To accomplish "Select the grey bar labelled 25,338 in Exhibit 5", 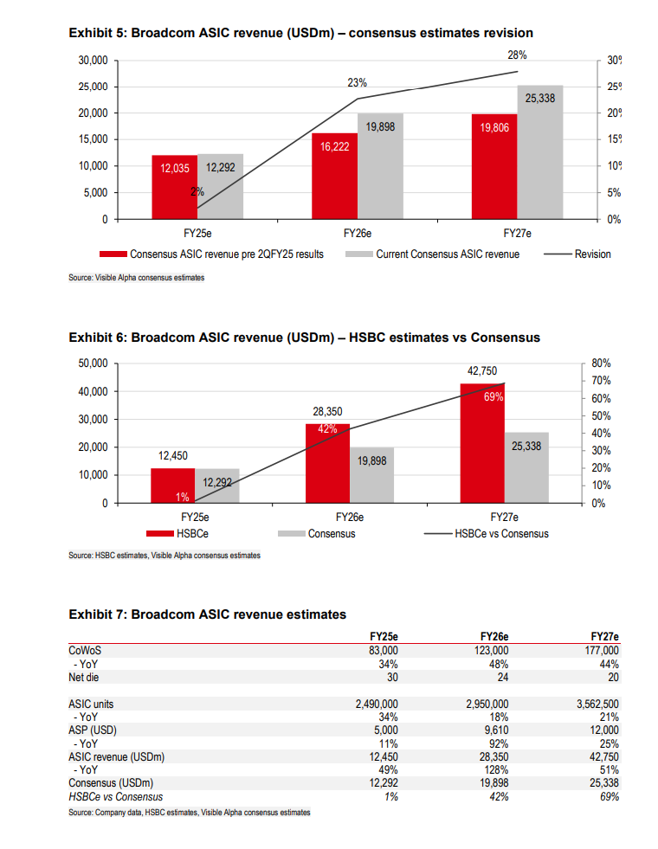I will [x=540, y=151].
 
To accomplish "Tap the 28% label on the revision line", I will [x=518, y=55].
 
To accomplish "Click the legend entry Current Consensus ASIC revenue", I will [x=448, y=254].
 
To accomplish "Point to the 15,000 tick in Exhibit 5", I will [x=93, y=139].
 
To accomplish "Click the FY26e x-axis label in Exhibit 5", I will [x=358, y=234].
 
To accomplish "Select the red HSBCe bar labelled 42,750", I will [x=483, y=442].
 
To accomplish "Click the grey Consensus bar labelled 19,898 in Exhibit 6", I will [x=372, y=475].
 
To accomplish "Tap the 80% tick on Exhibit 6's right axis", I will [x=601, y=363].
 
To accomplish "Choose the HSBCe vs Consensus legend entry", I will [x=501, y=534].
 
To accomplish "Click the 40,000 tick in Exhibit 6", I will [x=92, y=391].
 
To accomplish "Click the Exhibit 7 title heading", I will [x=207, y=614].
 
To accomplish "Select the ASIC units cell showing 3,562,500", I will [x=597, y=704].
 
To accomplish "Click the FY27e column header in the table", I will [x=604, y=636].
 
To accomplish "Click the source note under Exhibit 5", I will [x=137, y=278].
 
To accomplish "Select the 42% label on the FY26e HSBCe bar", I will [x=327, y=429].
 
